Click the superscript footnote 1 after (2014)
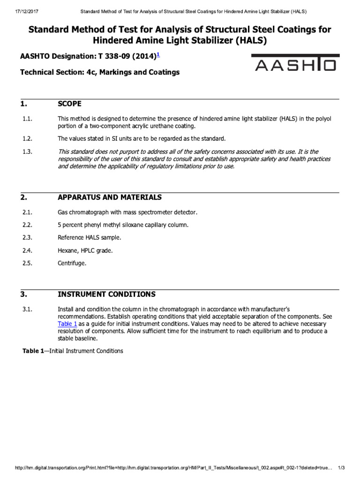pyautogui.click(x=158, y=55)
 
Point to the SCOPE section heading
pyautogui.click(x=69, y=104)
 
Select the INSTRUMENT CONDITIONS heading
pyautogui.click(x=106, y=294)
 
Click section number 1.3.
pyautogui.click(x=27, y=151)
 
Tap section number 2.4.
pyautogui.click(x=27, y=250)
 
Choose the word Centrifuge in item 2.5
pyautogui.click(x=72, y=263)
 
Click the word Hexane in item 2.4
pyautogui.click(x=67, y=250)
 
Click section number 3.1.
pyautogui.click(x=27, y=309)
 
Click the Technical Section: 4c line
pyautogui.click(x=99, y=72)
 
